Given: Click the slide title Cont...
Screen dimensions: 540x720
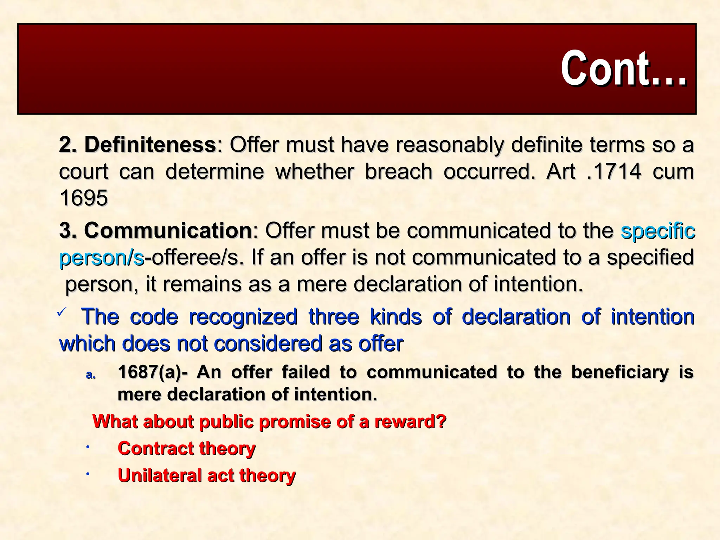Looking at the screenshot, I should pyautogui.click(x=623, y=68).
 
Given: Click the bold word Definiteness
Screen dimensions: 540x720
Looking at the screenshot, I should pyautogui.click(x=150, y=145).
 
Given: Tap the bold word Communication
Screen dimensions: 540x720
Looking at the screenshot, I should pyautogui.click(x=168, y=231).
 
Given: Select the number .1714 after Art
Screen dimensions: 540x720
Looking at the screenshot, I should pyautogui.click(x=614, y=172).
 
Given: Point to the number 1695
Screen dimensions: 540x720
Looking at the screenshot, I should pyautogui.click(x=84, y=198).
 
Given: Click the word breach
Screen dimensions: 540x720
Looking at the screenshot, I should pyautogui.click(x=398, y=172).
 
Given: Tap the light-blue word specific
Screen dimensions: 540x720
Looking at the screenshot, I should pyautogui.click(x=658, y=231).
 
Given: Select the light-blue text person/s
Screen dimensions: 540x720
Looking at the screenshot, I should pyautogui.click(x=102, y=258).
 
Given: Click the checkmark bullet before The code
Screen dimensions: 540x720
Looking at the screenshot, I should pyautogui.click(x=62, y=311).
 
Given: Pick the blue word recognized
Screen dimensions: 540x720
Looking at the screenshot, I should pyautogui.click(x=243, y=316).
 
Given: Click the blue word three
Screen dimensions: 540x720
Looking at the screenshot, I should pyautogui.click(x=334, y=316).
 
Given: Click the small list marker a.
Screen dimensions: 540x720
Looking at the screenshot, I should pyautogui.click(x=91, y=375).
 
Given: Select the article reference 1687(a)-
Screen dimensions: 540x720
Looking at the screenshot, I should pyautogui.click(x=153, y=372).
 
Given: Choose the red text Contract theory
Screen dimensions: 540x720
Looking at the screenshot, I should pyautogui.click(x=186, y=448).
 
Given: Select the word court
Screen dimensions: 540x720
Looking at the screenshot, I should pyautogui.click(x=84, y=172).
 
